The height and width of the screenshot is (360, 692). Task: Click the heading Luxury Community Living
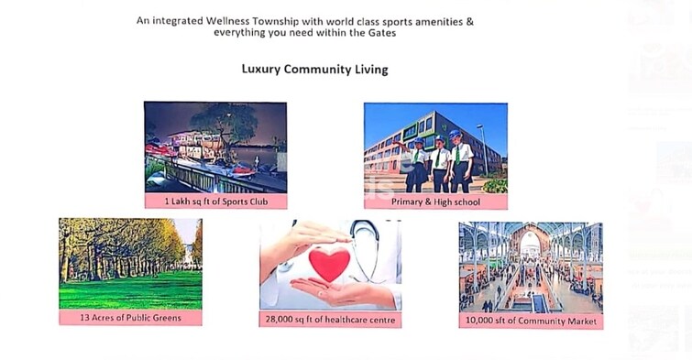coord(314,70)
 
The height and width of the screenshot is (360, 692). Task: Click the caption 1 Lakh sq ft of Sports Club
coord(214,202)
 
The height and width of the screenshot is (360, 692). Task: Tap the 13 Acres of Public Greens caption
coord(130,318)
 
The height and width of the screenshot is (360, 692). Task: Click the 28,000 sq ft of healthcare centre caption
coord(330,320)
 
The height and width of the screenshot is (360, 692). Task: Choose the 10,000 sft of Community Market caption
coord(531,321)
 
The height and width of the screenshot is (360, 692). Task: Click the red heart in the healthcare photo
coord(328,265)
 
